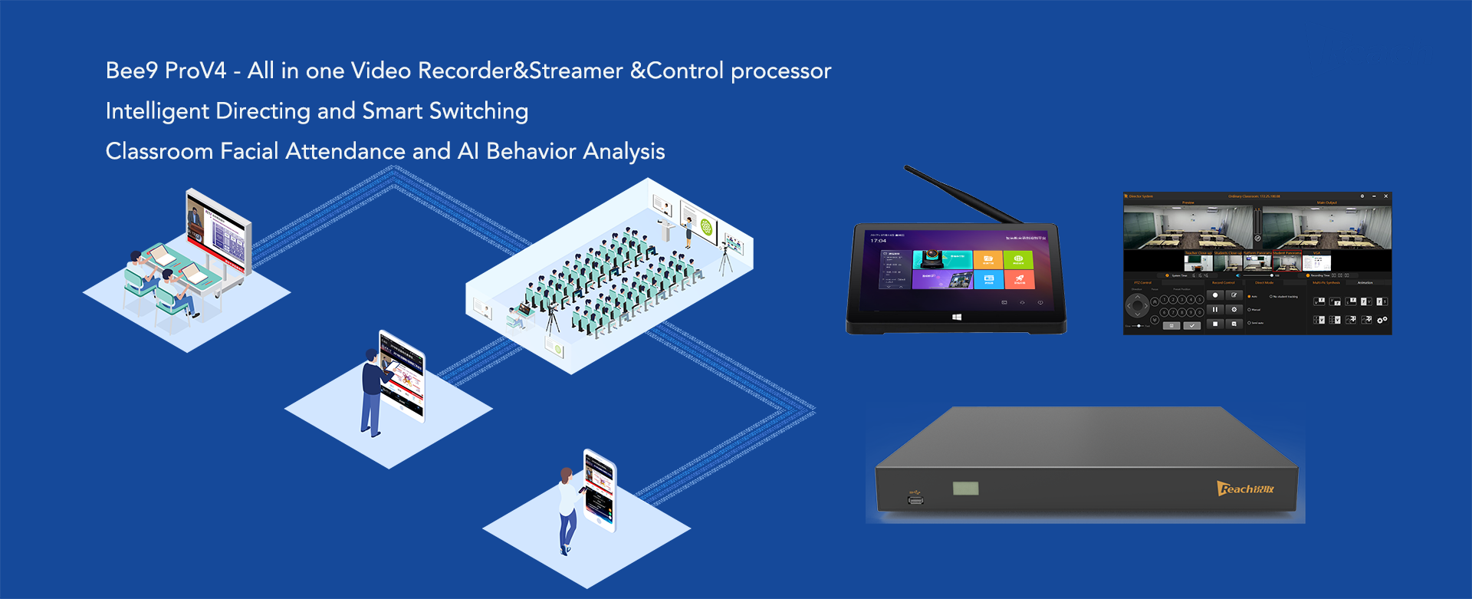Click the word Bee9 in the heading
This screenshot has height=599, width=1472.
[x=131, y=71]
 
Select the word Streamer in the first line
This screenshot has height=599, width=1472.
[x=575, y=71]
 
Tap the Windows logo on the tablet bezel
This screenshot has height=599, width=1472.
[x=956, y=317]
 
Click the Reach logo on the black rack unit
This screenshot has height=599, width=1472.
[x=1245, y=489]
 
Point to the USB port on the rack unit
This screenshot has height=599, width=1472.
[x=915, y=500]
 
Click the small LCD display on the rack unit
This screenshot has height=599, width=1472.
[x=965, y=488]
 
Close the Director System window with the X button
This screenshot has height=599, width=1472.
[x=1385, y=196]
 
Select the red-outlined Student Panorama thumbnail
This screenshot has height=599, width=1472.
[x=1286, y=263]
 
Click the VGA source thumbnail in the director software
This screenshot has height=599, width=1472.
[x=1317, y=263]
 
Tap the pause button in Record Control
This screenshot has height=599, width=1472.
[x=1215, y=310]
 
